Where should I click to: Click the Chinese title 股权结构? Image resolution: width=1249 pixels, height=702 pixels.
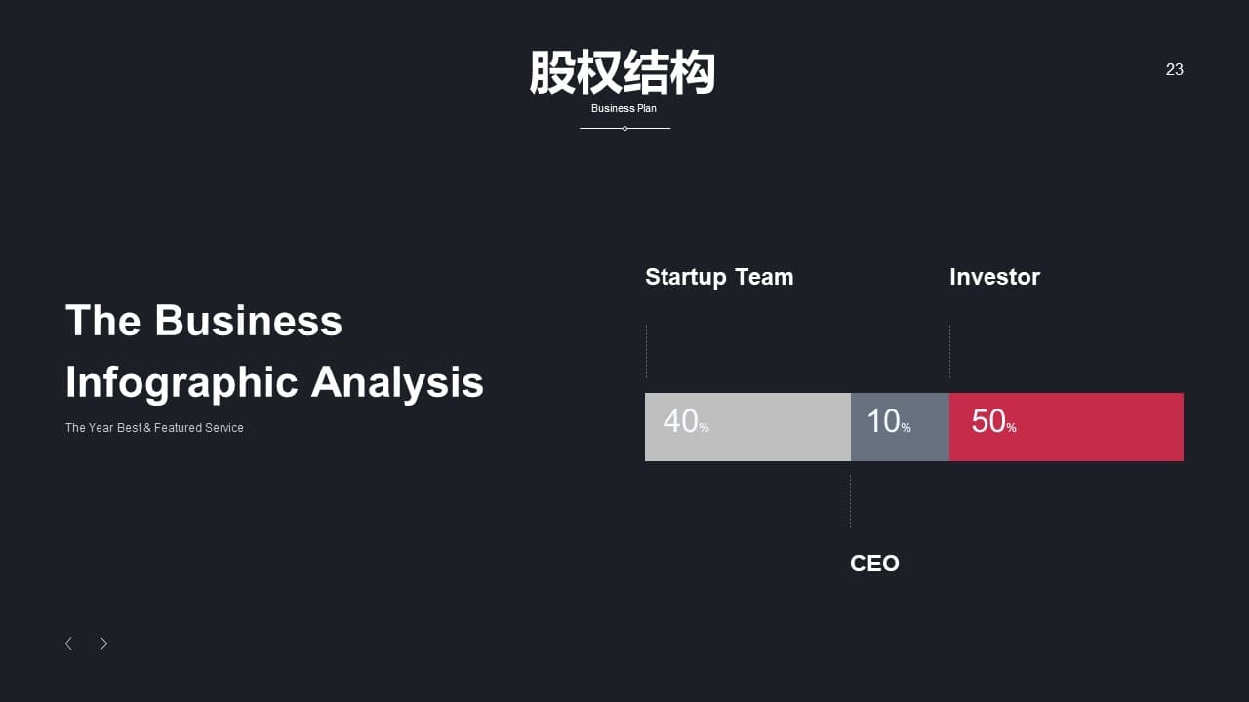click(x=623, y=72)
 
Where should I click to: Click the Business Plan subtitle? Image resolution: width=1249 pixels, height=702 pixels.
click(x=624, y=108)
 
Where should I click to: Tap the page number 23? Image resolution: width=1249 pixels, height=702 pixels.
click(x=1174, y=69)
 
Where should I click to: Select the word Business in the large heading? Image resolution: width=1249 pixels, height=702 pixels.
click(x=248, y=321)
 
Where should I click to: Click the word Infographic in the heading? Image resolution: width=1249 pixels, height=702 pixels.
click(x=181, y=383)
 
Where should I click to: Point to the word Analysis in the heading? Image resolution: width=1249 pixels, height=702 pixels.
click(x=397, y=382)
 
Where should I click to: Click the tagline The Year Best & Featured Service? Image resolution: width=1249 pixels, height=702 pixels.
click(x=154, y=427)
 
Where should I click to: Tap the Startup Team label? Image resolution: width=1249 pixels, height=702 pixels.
click(x=719, y=277)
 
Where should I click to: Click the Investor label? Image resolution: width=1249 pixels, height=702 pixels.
click(x=994, y=277)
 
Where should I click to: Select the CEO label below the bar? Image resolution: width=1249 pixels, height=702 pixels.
click(x=874, y=564)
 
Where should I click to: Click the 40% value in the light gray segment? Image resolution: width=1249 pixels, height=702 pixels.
click(x=686, y=421)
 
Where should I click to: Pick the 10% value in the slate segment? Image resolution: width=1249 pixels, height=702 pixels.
click(x=889, y=421)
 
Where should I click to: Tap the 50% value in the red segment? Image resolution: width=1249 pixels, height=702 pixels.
click(x=993, y=421)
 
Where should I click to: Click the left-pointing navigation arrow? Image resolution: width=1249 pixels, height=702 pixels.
click(x=68, y=643)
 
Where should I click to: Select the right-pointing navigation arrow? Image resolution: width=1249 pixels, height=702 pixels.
click(x=103, y=643)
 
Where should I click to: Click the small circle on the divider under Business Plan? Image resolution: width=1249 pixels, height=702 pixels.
click(x=625, y=128)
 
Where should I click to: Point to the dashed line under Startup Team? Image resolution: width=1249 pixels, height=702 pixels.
click(x=646, y=351)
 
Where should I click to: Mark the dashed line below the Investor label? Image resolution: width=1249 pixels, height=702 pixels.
click(x=949, y=351)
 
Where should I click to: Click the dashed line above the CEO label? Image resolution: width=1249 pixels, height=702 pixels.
click(x=850, y=501)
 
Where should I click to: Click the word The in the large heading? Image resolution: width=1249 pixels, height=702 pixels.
click(x=102, y=321)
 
